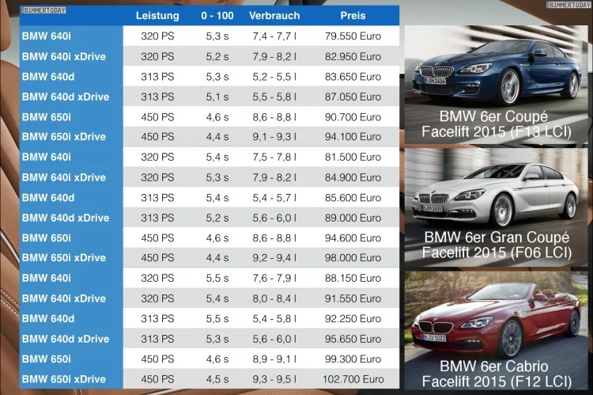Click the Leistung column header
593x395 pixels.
point(157,16)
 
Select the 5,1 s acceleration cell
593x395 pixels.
point(215,97)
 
